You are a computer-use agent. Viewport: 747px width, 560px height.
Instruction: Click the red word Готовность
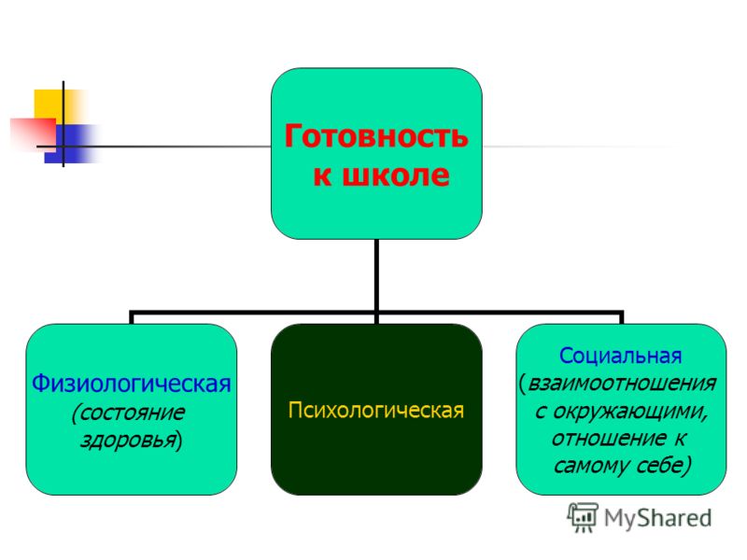[x=376, y=136]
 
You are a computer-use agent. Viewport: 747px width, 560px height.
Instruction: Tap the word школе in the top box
[x=396, y=175]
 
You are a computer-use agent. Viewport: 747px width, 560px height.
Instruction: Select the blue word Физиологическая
[x=131, y=384]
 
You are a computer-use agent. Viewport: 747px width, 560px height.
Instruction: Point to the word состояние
[x=128, y=413]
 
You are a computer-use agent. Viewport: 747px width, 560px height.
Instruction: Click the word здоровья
[x=128, y=440]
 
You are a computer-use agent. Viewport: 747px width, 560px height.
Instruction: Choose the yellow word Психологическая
[x=376, y=410]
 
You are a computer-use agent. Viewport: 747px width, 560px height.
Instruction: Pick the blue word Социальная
[x=620, y=356]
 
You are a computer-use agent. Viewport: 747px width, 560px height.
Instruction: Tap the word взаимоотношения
[x=622, y=383]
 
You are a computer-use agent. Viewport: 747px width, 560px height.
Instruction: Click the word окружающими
[x=629, y=412]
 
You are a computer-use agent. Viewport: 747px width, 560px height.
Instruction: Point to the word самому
[x=585, y=465]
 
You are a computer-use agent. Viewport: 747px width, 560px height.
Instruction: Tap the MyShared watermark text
[x=658, y=518]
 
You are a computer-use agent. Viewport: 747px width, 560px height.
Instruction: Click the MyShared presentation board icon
[x=582, y=517]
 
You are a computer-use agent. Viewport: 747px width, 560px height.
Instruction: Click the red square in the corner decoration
[x=34, y=134]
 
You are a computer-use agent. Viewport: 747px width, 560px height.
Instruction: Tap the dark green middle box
[x=376, y=410]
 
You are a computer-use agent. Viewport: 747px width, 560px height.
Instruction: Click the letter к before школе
[x=322, y=175]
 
